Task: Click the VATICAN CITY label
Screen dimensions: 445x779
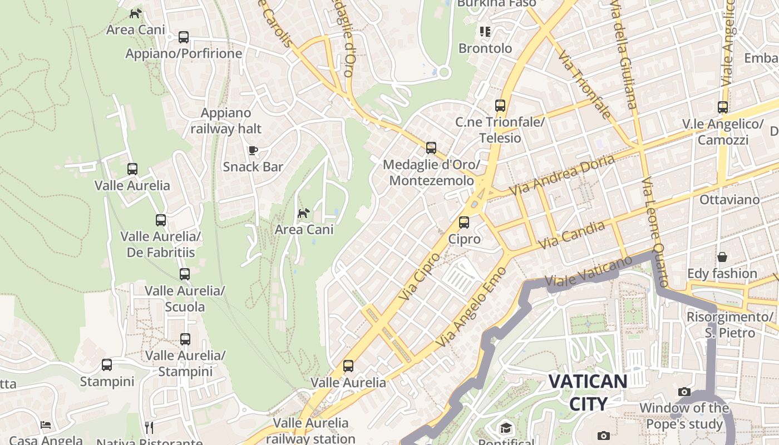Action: coord(588,392)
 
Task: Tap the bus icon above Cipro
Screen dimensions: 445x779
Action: coord(464,222)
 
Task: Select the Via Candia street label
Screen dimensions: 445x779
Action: coord(572,235)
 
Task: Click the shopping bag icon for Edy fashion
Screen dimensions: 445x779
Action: coord(722,257)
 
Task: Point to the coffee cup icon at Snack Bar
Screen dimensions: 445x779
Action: coord(253,150)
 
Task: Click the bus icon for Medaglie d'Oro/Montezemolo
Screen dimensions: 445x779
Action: coord(431,148)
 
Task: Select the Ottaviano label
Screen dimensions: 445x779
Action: coord(729,200)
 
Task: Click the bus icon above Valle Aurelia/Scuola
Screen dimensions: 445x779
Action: coord(185,274)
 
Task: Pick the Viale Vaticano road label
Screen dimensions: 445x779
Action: coord(589,273)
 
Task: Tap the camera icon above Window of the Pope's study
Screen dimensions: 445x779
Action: coord(684,392)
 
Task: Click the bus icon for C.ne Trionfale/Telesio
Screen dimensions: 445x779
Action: coord(500,106)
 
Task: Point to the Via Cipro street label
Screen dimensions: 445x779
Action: coord(419,276)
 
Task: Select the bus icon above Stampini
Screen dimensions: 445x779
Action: coord(107,365)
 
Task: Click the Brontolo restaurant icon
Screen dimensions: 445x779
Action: coord(485,32)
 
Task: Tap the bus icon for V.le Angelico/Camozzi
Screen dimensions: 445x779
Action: coord(723,107)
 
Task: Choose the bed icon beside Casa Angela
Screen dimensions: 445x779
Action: coord(46,425)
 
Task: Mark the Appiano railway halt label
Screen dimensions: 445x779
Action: coord(226,121)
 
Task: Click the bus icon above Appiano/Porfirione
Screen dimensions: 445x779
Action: coord(184,37)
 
